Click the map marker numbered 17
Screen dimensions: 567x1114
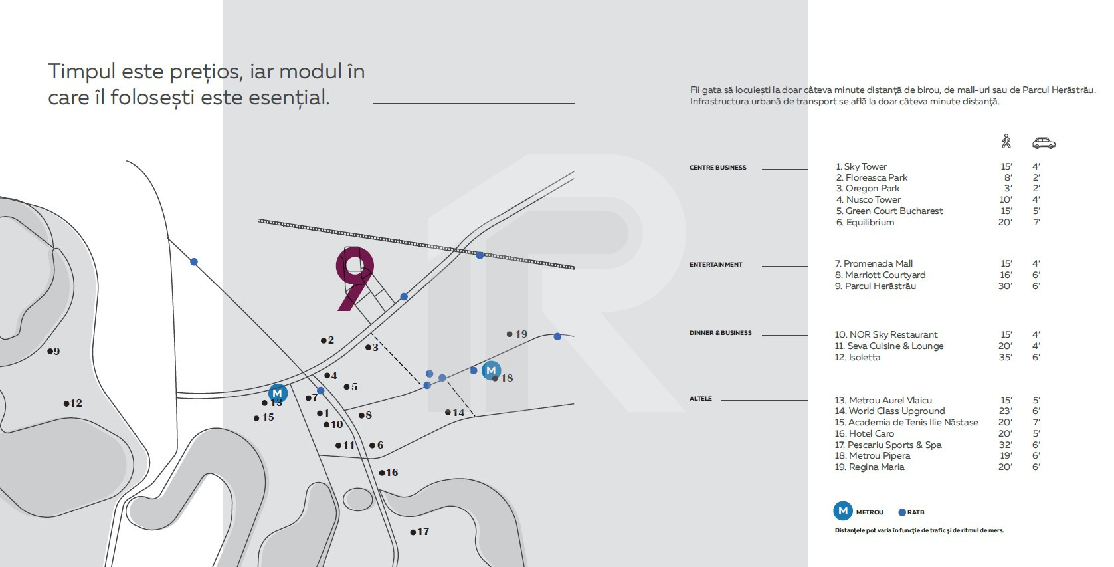click(413, 532)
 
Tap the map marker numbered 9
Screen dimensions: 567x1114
click(50, 351)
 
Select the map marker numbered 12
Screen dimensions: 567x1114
click(66, 403)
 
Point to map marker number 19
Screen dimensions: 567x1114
click(510, 334)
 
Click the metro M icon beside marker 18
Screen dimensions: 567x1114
click(491, 370)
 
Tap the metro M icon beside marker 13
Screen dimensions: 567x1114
click(278, 393)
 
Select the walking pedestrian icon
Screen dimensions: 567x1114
click(1006, 142)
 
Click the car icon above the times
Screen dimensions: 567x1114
click(1044, 143)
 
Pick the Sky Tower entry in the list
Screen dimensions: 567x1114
click(862, 166)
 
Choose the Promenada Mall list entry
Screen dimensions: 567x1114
click(874, 263)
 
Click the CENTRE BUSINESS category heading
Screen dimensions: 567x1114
click(717, 168)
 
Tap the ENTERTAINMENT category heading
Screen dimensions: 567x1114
click(715, 265)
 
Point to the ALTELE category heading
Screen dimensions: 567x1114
click(700, 399)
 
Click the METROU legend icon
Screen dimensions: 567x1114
click(843, 511)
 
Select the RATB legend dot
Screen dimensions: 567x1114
click(902, 512)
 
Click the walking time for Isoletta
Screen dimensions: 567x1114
click(1006, 357)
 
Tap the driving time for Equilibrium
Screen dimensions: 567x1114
click(1036, 222)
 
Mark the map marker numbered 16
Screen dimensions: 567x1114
click(383, 473)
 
